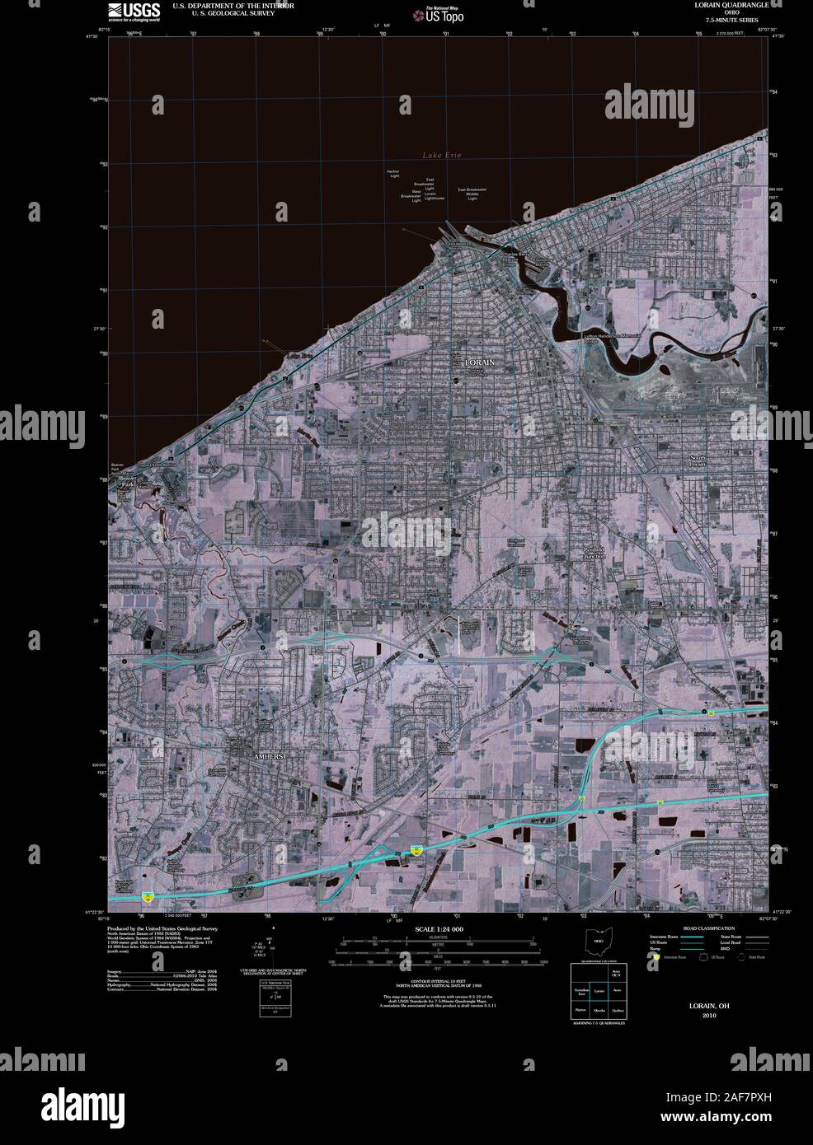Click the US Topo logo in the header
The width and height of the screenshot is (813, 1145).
tap(441, 14)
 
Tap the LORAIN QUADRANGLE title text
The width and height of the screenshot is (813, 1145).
tap(732, 5)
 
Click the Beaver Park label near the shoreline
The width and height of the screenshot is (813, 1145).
tap(126, 482)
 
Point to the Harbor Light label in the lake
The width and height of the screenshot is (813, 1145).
tap(393, 173)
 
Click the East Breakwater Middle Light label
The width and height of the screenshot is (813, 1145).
tap(472, 194)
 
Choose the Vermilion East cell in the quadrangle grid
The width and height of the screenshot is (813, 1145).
tap(581, 993)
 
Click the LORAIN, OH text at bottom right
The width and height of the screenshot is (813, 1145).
tap(709, 1006)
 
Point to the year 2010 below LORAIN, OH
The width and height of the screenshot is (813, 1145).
tap(709, 1015)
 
